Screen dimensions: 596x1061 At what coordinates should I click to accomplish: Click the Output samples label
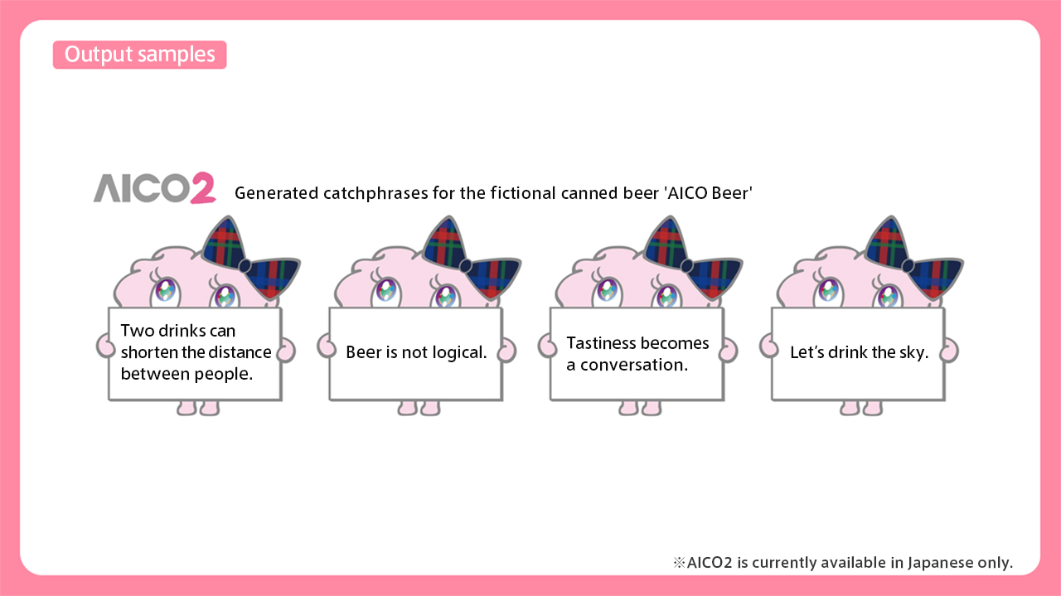(x=139, y=55)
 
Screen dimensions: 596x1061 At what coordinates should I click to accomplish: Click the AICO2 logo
(x=154, y=188)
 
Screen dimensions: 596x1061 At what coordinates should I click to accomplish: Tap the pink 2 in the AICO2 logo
(x=202, y=188)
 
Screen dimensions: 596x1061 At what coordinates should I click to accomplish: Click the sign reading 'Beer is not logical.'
(x=415, y=353)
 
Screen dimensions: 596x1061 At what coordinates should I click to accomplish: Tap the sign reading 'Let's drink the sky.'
(x=858, y=353)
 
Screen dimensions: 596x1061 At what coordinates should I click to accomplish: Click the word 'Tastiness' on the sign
(x=599, y=343)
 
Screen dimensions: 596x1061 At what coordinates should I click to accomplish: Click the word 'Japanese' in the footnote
(x=940, y=562)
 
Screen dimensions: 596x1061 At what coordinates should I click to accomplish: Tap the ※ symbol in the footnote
(x=679, y=563)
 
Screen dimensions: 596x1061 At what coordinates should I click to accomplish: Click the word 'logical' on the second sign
(x=460, y=353)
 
